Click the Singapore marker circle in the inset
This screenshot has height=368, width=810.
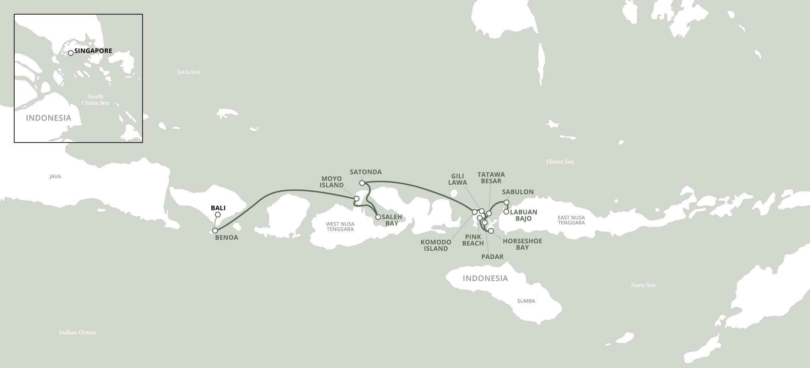(71, 53)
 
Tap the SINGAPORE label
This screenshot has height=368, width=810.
(93, 51)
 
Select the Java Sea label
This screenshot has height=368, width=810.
(188, 72)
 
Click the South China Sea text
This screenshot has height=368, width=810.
(95, 99)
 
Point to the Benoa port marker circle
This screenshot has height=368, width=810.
(215, 231)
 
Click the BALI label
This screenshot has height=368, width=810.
(218, 208)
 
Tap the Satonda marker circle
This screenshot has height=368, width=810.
(362, 183)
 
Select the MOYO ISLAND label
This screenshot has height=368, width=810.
(331, 182)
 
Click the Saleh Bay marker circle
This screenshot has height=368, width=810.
(378, 217)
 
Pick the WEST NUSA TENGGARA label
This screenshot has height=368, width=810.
(340, 227)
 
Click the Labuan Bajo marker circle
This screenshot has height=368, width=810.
(506, 212)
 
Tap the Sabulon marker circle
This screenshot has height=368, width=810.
(507, 202)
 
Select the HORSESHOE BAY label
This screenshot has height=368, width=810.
(522, 244)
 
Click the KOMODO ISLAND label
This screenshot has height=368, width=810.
(436, 245)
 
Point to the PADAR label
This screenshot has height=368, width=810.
(492, 256)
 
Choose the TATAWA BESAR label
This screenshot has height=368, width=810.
(491, 178)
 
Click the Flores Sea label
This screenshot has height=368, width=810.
(560, 162)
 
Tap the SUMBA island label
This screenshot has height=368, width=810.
(526, 301)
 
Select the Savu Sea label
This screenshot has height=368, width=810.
(643, 285)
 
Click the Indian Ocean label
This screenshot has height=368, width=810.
(77, 332)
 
